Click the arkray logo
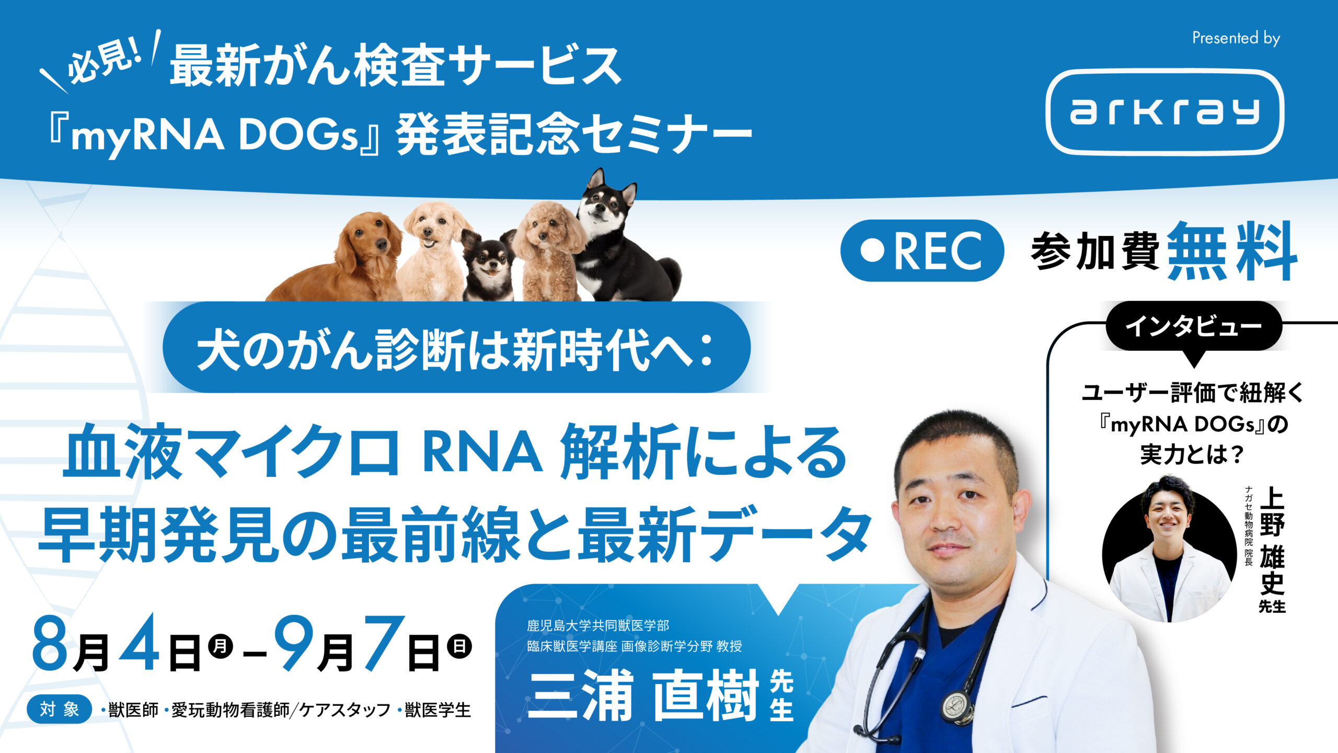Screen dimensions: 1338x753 pyautogui.click(x=1164, y=112)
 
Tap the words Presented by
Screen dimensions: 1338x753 pyautogui.click(x=1236, y=38)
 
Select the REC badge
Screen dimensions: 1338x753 pyautogui.click(x=922, y=250)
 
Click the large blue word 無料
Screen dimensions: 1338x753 pyautogui.click(x=1232, y=251)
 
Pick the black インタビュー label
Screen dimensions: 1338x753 pyautogui.click(x=1194, y=327)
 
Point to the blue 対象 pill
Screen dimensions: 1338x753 pyautogui.click(x=60, y=710)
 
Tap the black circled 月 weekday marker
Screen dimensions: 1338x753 pyautogui.click(x=220, y=647)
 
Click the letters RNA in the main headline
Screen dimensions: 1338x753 pyautogui.click(x=482, y=453)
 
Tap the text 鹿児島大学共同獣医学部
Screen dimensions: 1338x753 pyautogui.click(x=598, y=625)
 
